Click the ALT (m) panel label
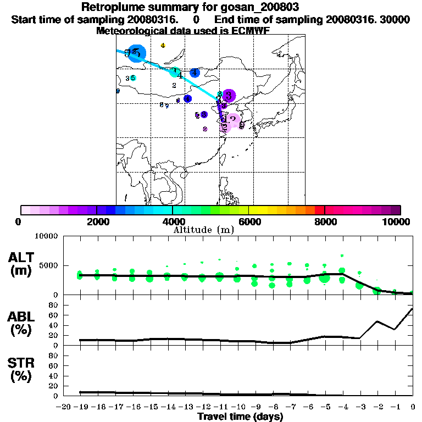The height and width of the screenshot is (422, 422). [x=22, y=263]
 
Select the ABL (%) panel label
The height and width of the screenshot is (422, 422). [x=22, y=324]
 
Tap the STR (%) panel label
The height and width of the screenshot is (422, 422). [x=22, y=370]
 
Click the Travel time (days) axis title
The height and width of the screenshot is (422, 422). [x=240, y=417]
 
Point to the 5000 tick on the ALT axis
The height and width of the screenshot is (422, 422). [x=51, y=265]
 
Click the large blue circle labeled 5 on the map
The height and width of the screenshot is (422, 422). [x=136, y=52]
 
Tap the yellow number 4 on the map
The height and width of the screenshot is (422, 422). [x=163, y=45]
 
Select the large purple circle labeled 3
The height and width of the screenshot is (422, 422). [x=229, y=95]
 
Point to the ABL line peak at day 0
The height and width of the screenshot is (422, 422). [x=413, y=309]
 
